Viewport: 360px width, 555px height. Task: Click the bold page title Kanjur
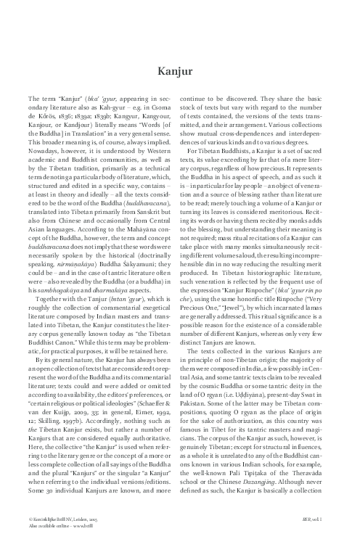click(179, 71)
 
